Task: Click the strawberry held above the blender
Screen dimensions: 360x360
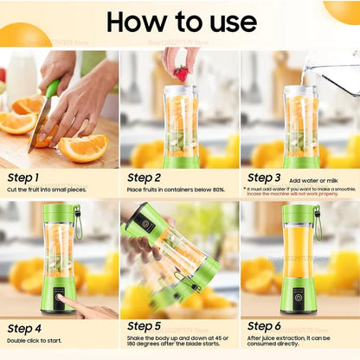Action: click(181, 73)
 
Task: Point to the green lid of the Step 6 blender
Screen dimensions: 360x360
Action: click(299, 213)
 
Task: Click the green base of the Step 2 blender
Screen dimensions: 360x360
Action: click(181, 161)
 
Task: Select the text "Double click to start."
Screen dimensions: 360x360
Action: click(35, 341)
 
